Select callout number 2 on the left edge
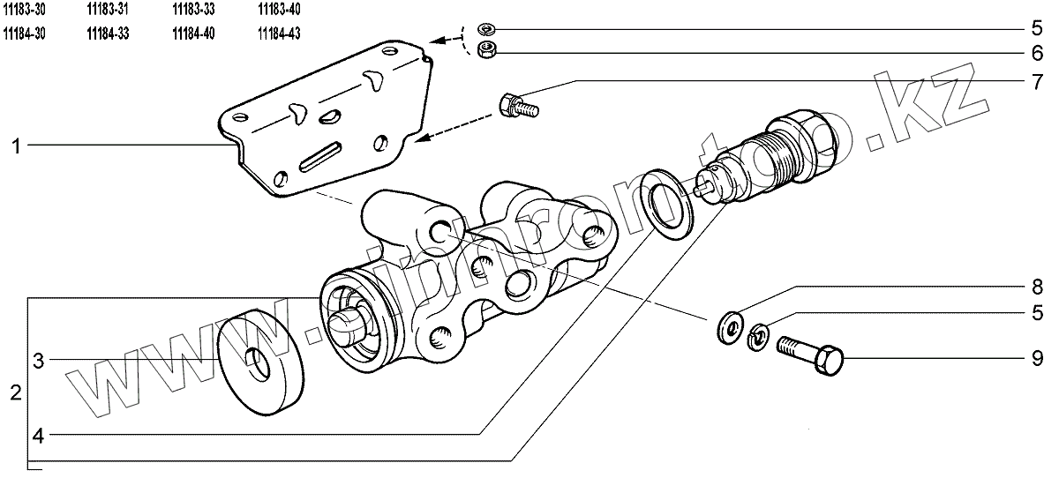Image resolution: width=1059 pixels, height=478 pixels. pos(16,392)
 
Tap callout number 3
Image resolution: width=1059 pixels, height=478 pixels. pos(39,360)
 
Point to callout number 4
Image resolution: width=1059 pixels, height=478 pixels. pos(39,434)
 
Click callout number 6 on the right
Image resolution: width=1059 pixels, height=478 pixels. pos(1038,52)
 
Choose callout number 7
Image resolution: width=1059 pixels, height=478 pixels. pos(1038,81)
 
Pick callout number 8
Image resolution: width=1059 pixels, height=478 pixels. pos(1038,287)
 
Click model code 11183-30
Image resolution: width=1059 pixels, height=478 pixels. pos(25,9)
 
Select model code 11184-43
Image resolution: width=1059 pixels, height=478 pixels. pos(279,34)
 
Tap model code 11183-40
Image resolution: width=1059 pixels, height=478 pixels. pos(279,9)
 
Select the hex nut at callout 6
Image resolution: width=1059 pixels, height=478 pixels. pos(485,50)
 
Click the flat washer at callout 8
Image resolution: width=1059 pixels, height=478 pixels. pos(729,327)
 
